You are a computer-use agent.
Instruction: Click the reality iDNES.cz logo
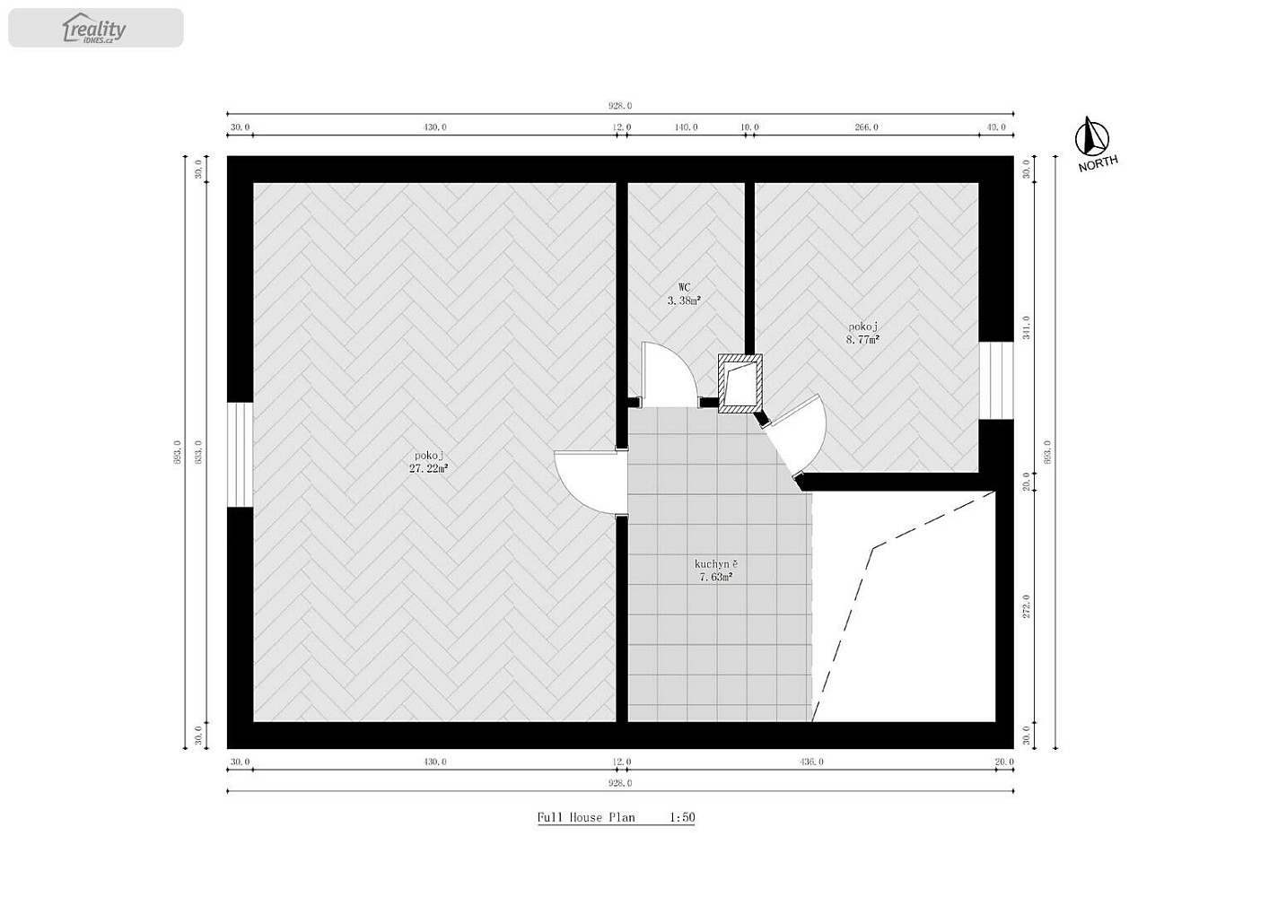tap(94, 28)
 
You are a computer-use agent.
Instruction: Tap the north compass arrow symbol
tap(1091, 136)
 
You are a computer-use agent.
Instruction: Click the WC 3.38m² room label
tap(685, 294)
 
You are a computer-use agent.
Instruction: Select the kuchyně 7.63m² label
tap(716, 570)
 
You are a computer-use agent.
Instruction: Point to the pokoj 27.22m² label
tap(429, 462)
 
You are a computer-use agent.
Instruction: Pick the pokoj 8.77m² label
tap(862, 333)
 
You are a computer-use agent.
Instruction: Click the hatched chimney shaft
tap(740, 383)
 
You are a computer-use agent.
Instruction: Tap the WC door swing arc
tap(676, 362)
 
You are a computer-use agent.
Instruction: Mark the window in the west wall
tap(241, 455)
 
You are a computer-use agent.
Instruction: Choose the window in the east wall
tap(996, 380)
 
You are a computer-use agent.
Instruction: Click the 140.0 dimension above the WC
tap(686, 126)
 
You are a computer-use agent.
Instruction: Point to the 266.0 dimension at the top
tap(866, 126)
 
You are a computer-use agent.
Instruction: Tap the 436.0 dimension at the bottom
tap(812, 762)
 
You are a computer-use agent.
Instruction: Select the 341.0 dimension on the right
tap(1026, 328)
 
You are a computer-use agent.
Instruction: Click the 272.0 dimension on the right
tap(1026, 605)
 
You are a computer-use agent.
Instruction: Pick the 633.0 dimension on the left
tap(198, 452)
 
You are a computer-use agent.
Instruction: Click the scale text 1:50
tap(682, 817)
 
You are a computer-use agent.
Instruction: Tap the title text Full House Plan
tap(586, 817)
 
